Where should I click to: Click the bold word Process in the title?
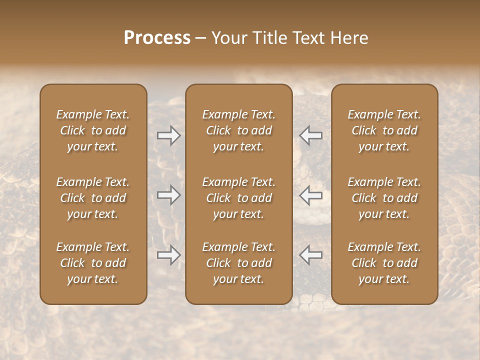coord(157,38)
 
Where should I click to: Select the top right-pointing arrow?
coord(169,135)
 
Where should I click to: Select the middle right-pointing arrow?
coord(169,195)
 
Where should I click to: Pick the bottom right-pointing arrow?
coord(169,255)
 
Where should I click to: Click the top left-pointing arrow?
coord(311,135)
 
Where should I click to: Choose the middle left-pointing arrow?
coord(311,195)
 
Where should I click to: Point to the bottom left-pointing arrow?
coord(311,255)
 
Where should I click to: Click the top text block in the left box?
coord(93,130)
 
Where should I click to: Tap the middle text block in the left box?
coord(93,198)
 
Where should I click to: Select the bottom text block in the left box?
coord(93,263)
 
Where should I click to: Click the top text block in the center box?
coord(238,130)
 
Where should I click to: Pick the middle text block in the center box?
coord(238,198)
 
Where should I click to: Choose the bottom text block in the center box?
coord(238,263)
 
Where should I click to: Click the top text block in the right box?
coord(384,130)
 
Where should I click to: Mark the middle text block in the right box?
coord(384,198)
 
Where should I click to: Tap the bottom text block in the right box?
coord(384,263)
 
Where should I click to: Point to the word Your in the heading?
coord(228,38)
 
